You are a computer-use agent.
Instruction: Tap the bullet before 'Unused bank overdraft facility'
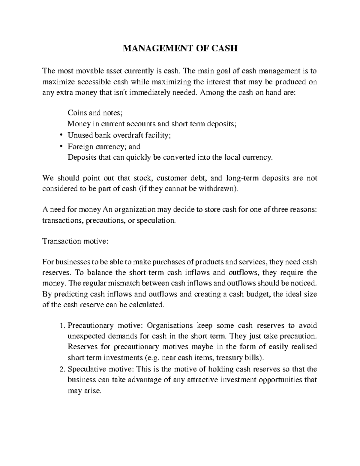tap(61, 135)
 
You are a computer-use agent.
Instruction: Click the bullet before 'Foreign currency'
tap(61, 146)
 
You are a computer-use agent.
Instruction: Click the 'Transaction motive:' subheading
tap(74, 241)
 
